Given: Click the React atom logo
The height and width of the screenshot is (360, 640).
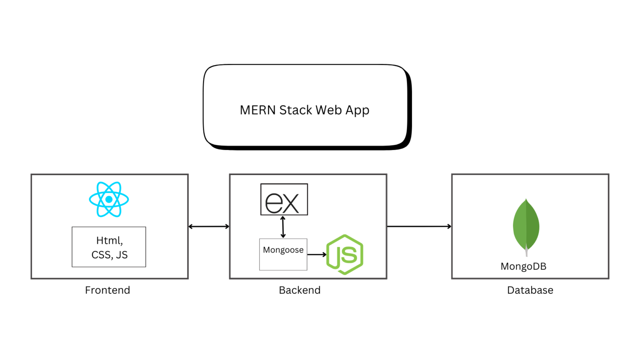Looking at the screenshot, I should click(109, 200).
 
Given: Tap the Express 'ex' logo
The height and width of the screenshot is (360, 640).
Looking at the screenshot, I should click(284, 200).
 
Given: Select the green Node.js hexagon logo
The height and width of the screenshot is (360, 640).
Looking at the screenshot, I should click(345, 255).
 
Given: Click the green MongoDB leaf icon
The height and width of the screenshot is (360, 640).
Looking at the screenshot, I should click(526, 225).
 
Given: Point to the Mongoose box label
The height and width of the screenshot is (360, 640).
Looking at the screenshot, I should click(283, 250).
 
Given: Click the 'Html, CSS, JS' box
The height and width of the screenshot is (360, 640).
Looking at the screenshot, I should click(109, 247).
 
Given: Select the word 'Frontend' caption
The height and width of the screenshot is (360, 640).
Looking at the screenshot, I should click(107, 290).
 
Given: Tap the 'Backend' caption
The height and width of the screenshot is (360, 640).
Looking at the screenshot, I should click(300, 290).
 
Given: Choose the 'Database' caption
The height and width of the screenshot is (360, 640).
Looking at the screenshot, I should click(530, 290).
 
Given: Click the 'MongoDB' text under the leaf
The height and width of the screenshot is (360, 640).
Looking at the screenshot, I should click(523, 266).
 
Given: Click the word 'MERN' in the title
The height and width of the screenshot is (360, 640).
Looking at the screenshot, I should click(257, 110).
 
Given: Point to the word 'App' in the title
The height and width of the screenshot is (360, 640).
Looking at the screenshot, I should click(357, 110).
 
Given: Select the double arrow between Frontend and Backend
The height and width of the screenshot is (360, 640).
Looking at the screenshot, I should click(209, 227).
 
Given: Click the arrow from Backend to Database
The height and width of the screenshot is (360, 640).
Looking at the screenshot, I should click(419, 227).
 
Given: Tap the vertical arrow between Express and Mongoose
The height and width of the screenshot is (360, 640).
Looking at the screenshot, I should click(283, 227).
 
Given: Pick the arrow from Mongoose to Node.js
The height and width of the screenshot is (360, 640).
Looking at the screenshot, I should click(317, 255).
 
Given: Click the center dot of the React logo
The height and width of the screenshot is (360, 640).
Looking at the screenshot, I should click(109, 200).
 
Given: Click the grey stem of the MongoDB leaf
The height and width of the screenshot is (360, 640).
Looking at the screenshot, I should click(527, 252).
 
